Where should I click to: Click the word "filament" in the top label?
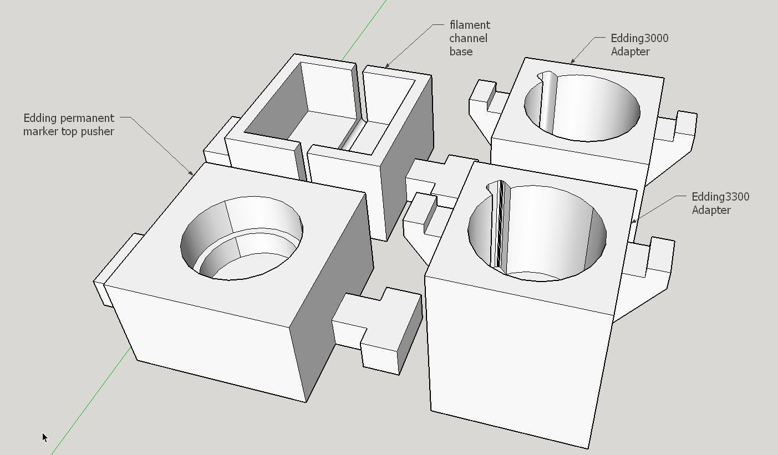(x=470, y=25)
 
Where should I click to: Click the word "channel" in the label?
(x=469, y=38)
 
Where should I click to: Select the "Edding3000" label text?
(x=639, y=38)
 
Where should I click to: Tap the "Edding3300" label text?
(x=720, y=197)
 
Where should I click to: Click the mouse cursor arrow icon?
(x=45, y=437)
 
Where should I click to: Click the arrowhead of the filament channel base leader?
(x=387, y=65)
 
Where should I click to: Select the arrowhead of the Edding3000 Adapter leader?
(x=572, y=62)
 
